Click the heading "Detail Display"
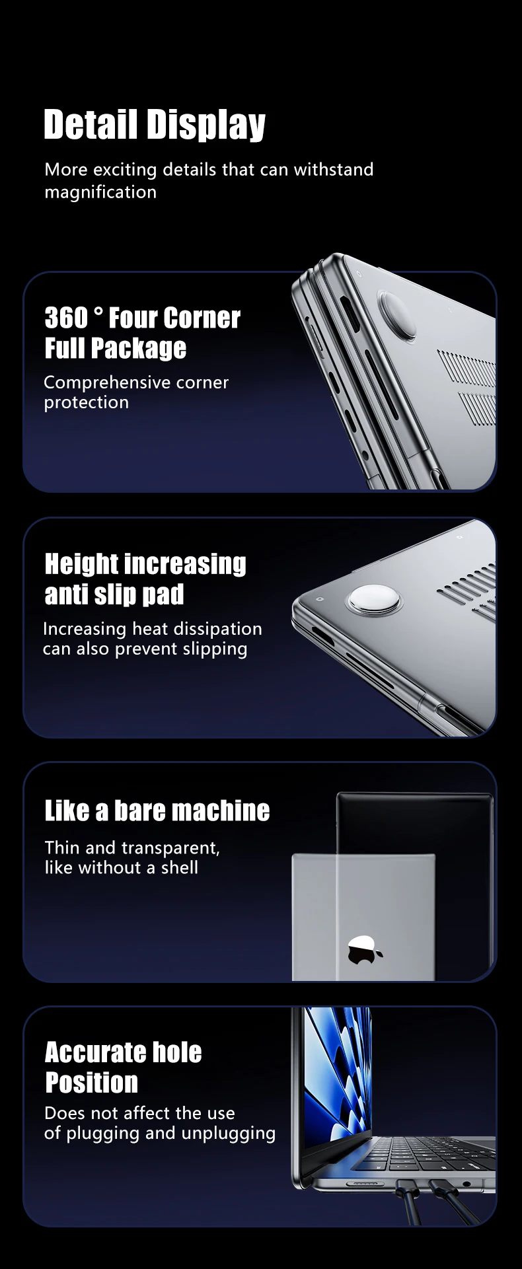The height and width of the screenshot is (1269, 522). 155,125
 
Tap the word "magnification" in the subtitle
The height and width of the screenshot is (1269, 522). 100,192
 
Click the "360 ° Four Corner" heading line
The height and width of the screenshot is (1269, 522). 143,318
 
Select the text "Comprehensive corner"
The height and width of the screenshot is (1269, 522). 136,382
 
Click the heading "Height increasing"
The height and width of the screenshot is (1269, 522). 145,564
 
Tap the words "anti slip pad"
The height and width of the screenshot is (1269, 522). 114,595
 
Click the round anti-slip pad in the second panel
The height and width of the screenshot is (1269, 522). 374,599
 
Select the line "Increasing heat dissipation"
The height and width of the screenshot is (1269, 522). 153,629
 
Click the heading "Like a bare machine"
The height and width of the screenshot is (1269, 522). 157,811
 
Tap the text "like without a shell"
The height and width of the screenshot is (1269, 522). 122,867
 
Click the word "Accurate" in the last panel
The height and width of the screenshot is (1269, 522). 95,1052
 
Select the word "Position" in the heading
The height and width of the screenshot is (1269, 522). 92,1083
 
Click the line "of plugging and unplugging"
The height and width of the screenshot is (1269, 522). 160,1134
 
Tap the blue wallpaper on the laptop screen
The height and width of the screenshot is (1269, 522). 337,1070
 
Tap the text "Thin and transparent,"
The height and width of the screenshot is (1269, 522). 132,848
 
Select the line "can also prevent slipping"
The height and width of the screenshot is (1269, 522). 145,649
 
